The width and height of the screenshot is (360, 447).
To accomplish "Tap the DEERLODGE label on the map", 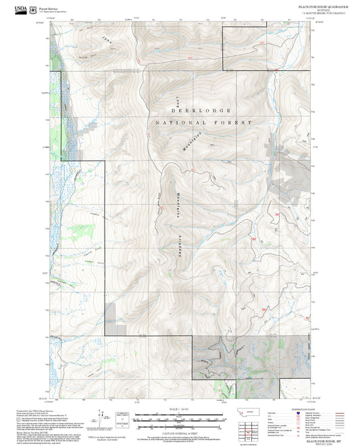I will (202, 109).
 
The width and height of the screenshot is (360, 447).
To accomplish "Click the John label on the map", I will (108, 41).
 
